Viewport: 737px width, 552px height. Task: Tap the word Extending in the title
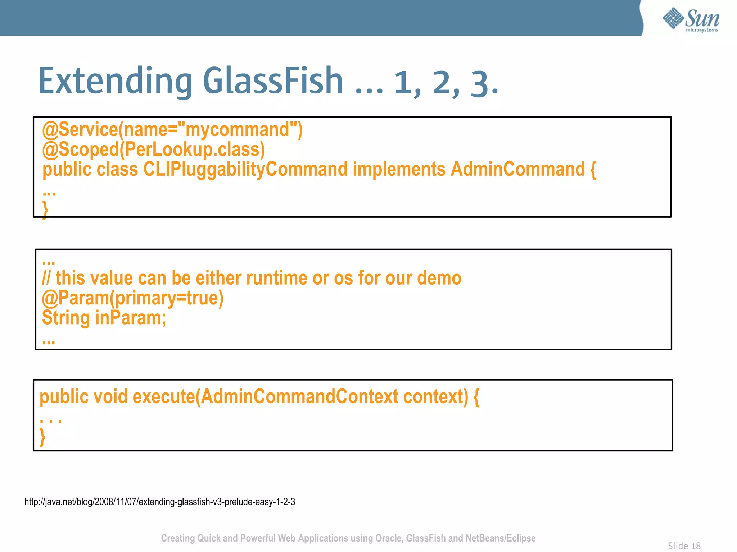pos(115,82)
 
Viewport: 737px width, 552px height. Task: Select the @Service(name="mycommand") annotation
pos(172,130)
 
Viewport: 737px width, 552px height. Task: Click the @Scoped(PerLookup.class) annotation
pos(154,149)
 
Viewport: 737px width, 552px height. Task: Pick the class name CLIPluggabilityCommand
pos(245,170)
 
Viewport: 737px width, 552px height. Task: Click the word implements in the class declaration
pos(399,169)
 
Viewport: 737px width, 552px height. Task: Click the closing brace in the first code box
pos(45,209)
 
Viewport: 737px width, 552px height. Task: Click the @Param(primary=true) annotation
pos(133,298)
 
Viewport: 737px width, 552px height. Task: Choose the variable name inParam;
pos(131,318)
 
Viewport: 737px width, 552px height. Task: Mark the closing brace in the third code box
pos(42,437)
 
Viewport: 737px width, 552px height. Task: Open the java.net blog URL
pos(160,502)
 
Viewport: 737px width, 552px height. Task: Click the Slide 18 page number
pos(684,546)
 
